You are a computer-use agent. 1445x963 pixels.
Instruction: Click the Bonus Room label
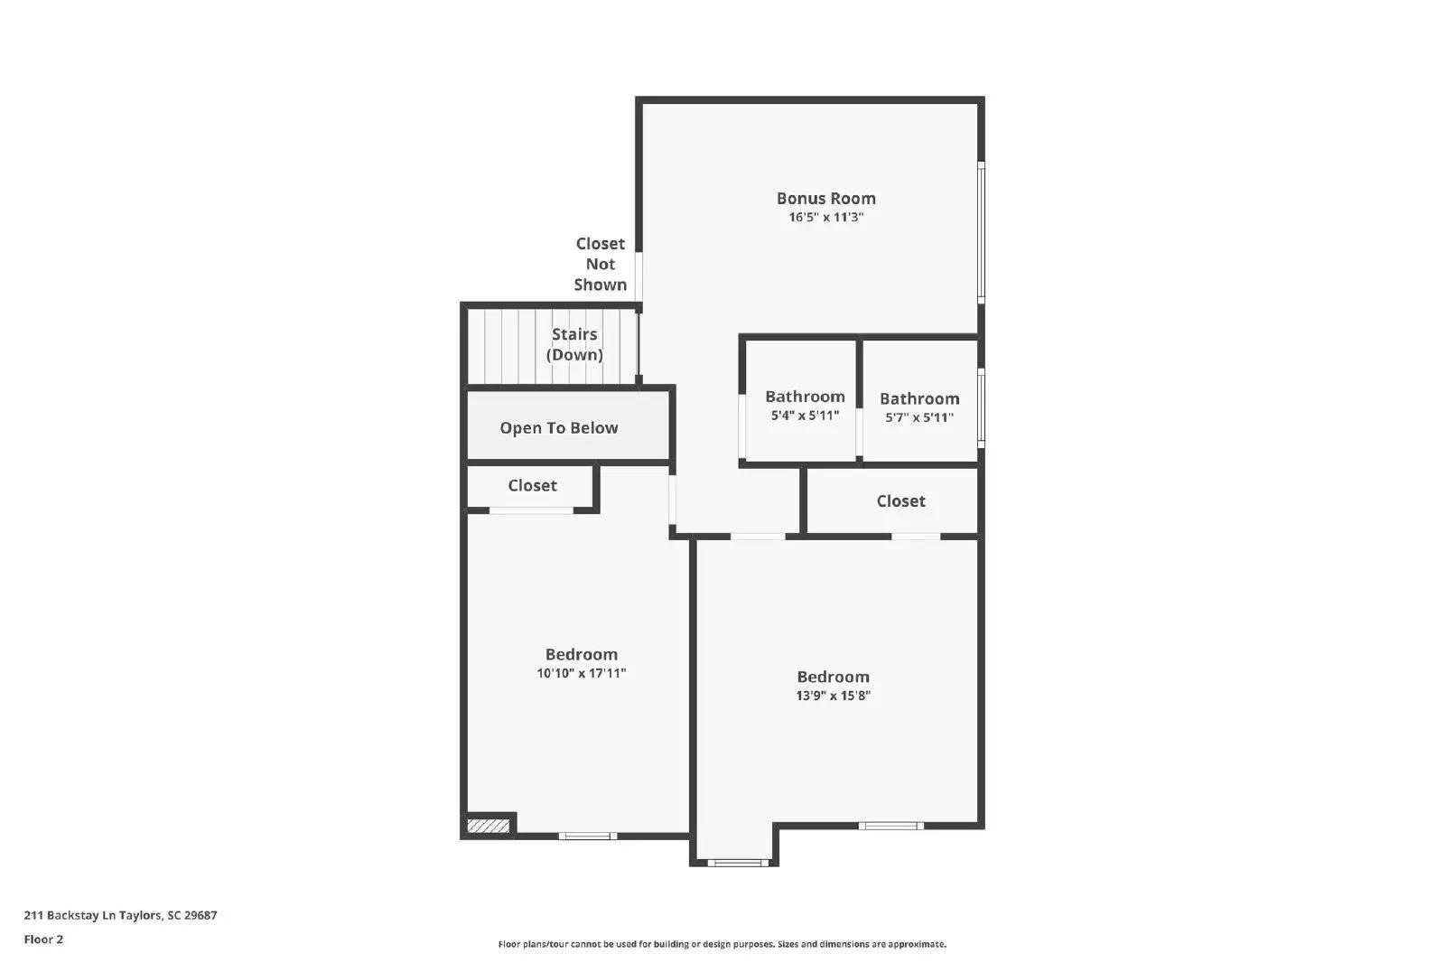825,198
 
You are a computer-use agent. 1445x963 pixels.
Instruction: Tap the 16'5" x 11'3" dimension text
825,218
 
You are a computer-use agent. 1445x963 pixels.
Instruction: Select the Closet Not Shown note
600,264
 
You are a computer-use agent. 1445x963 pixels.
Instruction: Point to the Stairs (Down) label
574,344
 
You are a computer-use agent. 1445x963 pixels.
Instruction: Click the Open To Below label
559,428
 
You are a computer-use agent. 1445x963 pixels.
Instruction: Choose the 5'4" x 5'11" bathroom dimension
805,416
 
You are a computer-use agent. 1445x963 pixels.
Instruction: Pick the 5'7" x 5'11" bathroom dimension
919,418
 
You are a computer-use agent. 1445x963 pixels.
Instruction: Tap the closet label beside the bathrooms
900,501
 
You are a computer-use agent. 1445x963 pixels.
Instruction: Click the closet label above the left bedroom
532,486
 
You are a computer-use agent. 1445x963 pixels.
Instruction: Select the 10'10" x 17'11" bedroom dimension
581,674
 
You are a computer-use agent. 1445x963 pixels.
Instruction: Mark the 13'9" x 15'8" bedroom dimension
833,697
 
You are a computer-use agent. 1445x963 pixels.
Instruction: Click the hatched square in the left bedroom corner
488,826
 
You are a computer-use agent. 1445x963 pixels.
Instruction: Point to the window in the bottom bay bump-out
738,863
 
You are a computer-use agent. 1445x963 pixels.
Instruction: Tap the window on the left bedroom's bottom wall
587,836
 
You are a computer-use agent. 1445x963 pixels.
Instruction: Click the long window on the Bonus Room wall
982,231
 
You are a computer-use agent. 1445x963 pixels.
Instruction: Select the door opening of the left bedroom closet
531,511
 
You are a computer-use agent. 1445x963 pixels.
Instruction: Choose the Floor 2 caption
43,940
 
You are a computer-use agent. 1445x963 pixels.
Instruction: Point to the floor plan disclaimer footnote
722,944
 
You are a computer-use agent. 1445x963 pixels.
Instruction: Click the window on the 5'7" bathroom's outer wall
982,407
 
